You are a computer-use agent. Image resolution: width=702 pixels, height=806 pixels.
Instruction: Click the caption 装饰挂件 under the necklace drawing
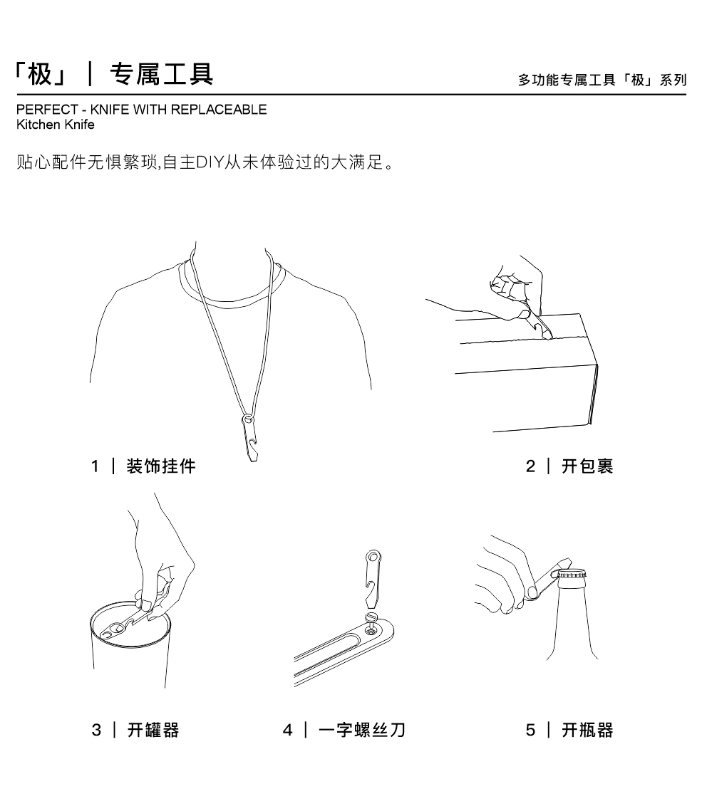pyautogui.click(x=161, y=466)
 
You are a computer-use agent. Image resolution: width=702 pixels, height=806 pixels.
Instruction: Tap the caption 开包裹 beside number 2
pyautogui.click(x=587, y=466)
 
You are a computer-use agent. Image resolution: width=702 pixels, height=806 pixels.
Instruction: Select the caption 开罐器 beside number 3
pyautogui.click(x=153, y=730)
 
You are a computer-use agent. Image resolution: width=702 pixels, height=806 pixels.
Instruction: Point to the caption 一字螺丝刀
pyautogui.click(x=362, y=730)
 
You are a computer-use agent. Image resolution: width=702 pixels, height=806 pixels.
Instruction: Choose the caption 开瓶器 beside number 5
pyautogui.click(x=587, y=730)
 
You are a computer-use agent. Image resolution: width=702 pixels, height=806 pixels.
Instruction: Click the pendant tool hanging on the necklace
pyautogui.click(x=250, y=438)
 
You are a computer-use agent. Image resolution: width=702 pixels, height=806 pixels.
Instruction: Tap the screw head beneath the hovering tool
pyautogui.click(x=371, y=617)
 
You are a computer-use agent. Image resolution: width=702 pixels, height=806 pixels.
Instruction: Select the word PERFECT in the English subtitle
pyautogui.click(x=47, y=110)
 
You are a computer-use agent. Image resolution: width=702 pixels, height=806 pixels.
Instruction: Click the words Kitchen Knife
pyautogui.click(x=56, y=125)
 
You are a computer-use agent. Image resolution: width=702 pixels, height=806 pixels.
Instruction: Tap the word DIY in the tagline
pyautogui.click(x=210, y=162)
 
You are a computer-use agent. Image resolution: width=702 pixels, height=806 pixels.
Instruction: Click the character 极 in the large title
pyautogui.click(x=41, y=74)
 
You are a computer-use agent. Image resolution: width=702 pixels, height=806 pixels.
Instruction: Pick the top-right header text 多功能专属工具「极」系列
pyautogui.click(x=602, y=80)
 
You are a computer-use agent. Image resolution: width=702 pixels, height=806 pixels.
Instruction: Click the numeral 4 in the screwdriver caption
pyautogui.click(x=288, y=730)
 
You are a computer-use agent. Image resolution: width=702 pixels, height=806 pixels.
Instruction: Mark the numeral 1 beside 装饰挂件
pyautogui.click(x=96, y=466)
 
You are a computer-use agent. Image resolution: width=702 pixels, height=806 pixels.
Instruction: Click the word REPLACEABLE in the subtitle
pyautogui.click(x=219, y=110)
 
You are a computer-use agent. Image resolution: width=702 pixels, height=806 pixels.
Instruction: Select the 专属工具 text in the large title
pyautogui.click(x=162, y=74)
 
